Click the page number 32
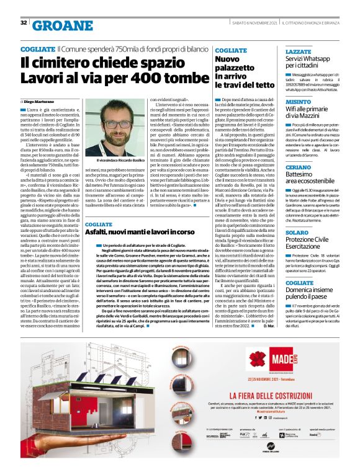tap(24, 22)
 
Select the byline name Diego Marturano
tap(41, 100)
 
